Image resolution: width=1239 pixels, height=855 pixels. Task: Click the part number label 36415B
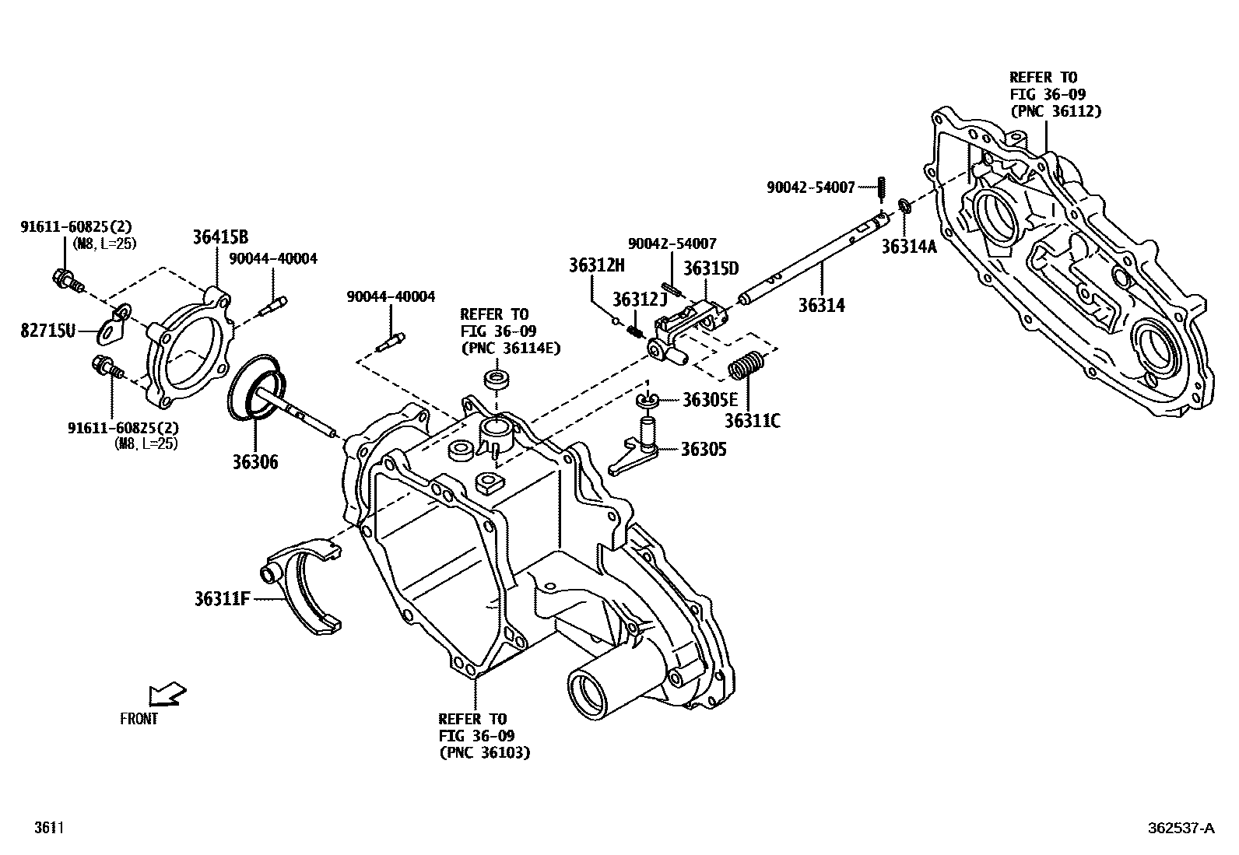[220, 238]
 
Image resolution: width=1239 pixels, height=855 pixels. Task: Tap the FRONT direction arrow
[168, 694]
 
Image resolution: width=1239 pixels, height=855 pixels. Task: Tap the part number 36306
[254, 462]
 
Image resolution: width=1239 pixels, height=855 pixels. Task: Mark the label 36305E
[709, 400]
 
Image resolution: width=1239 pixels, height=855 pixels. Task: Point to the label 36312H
[596, 265]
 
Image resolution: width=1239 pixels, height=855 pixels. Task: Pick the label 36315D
[711, 268]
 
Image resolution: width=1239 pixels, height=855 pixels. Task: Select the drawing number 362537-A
[1178, 829]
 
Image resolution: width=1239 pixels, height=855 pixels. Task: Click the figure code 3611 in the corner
[48, 829]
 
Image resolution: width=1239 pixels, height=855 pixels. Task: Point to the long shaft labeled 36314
[809, 265]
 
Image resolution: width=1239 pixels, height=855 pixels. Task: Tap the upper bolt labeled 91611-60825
[66, 278]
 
